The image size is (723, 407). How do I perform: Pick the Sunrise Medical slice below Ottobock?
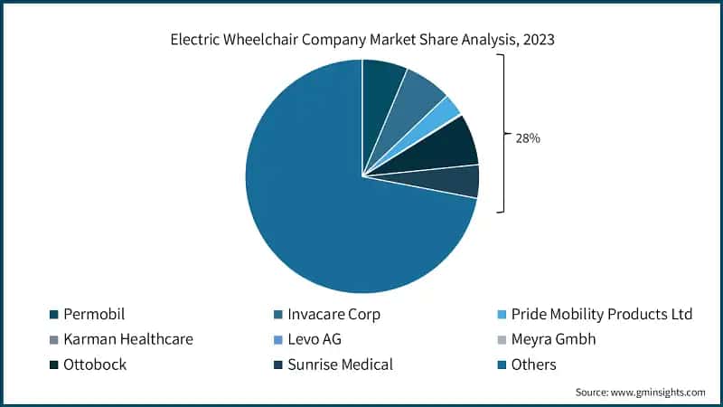pos(459,182)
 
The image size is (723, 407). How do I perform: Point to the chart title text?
pos(361,40)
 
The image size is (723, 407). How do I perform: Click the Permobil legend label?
pos(94,314)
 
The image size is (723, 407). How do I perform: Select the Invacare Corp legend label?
pos(333,314)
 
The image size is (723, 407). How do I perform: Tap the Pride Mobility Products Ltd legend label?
pos(601,314)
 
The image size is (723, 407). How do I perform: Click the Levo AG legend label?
pos(316,339)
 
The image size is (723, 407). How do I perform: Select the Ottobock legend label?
pos(95,364)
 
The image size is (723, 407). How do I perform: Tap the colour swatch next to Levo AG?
pos(277,340)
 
